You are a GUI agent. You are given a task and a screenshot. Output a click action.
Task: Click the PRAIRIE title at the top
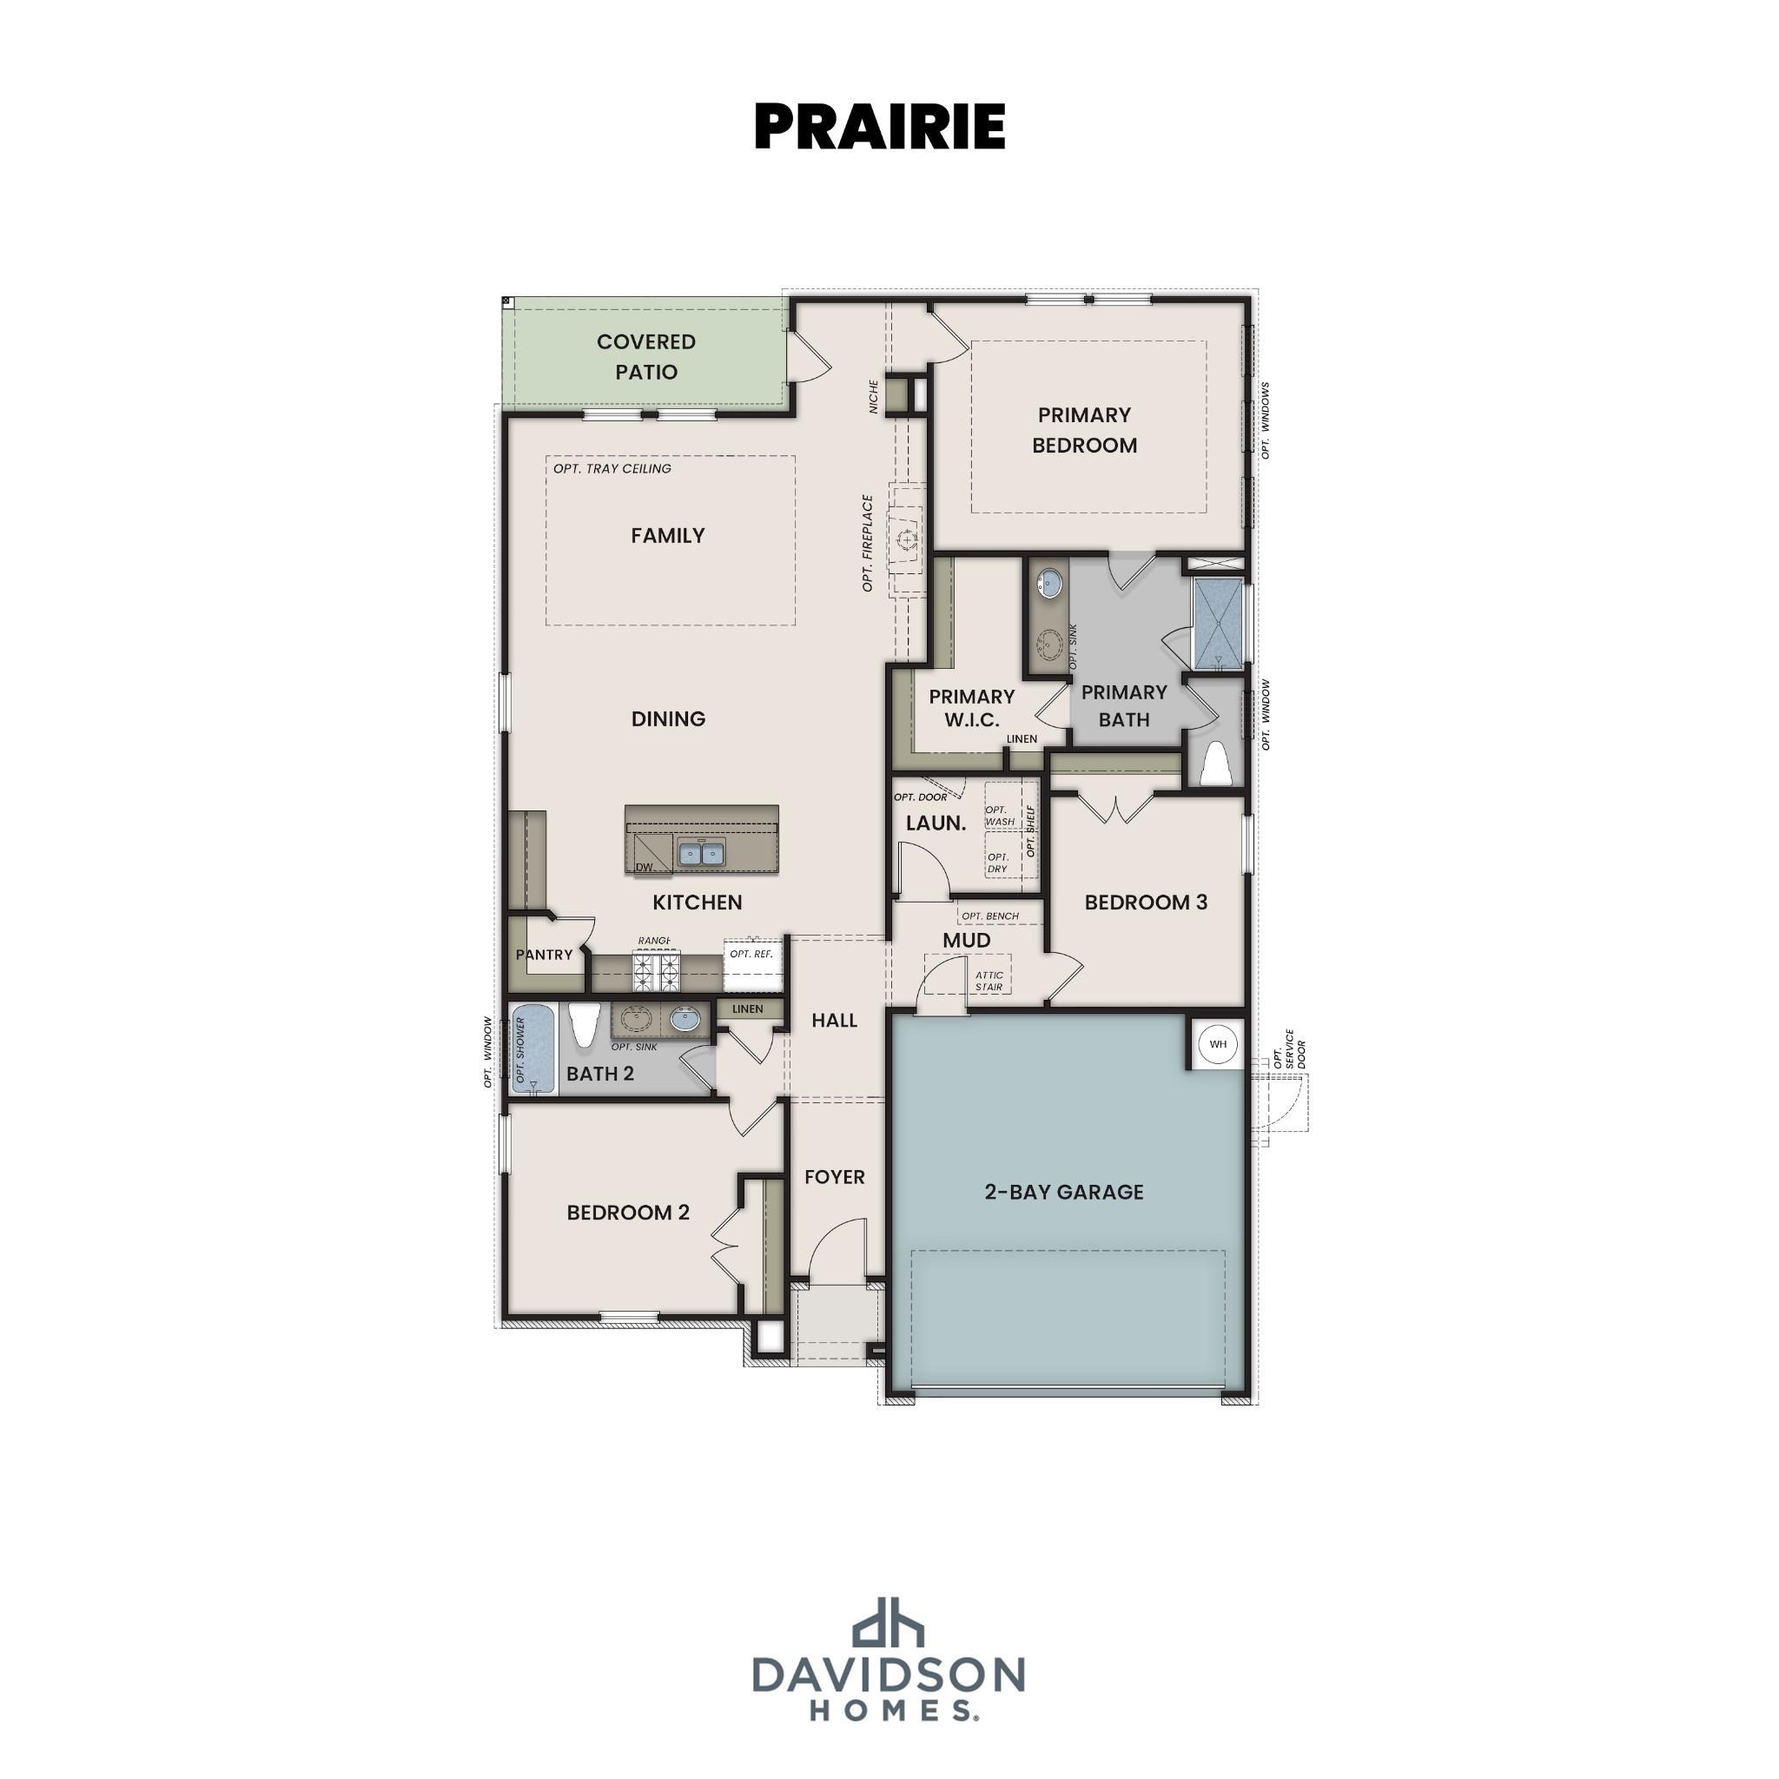pyautogui.click(x=879, y=126)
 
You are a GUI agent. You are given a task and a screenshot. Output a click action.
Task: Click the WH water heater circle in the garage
pyautogui.click(x=1217, y=1044)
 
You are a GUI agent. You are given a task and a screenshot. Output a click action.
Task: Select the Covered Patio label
pyautogui.click(x=645, y=356)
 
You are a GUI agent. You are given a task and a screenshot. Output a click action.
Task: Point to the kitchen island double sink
pyautogui.click(x=702, y=854)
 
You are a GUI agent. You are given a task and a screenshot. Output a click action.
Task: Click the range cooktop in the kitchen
pyautogui.click(x=655, y=972)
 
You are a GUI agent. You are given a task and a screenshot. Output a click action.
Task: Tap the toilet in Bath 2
pyautogui.click(x=584, y=1025)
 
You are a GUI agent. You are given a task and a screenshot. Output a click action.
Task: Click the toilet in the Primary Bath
pyautogui.click(x=1216, y=764)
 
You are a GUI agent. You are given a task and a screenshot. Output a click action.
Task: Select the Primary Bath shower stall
pyautogui.click(x=1217, y=623)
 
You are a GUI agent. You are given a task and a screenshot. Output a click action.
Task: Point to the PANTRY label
pyautogui.click(x=544, y=955)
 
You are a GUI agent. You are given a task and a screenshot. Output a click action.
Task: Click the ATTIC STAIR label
pyautogui.click(x=989, y=981)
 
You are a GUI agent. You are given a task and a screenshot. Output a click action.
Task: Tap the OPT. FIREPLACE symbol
pyautogui.click(x=906, y=539)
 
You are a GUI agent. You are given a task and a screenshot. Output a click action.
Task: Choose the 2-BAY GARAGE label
pyautogui.click(x=1063, y=1192)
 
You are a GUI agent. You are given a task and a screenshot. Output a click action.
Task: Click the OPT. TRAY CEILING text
pyautogui.click(x=612, y=469)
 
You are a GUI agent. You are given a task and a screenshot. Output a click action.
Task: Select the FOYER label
pyautogui.click(x=834, y=1177)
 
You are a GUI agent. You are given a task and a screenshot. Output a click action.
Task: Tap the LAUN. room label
pyautogui.click(x=936, y=823)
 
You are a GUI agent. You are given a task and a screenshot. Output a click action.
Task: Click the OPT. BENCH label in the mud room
pyautogui.click(x=990, y=916)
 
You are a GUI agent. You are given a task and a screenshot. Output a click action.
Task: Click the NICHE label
pyautogui.click(x=874, y=396)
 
